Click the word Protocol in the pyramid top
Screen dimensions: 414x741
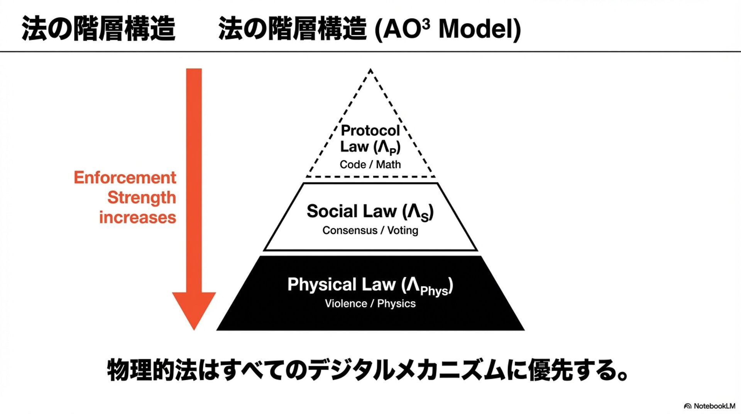click(x=370, y=131)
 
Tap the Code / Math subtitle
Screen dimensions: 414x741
click(x=370, y=165)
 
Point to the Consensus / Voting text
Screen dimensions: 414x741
click(x=370, y=231)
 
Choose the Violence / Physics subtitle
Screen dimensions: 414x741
click(x=370, y=304)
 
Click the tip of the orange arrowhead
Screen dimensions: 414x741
click(x=194, y=329)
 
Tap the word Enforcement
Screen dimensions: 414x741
click(x=125, y=178)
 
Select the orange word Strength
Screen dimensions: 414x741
click(x=141, y=198)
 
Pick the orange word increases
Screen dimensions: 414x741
click(x=137, y=217)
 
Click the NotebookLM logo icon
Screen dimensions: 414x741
click(x=687, y=406)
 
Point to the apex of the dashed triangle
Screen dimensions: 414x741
click(x=370, y=70)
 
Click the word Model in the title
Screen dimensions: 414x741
click(x=480, y=29)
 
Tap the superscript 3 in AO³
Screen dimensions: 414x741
click(x=426, y=23)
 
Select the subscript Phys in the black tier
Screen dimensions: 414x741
click(x=434, y=290)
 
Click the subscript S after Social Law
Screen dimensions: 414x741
click(x=425, y=218)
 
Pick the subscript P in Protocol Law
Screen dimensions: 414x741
click(x=393, y=151)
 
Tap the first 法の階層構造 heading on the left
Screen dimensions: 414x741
click(x=98, y=29)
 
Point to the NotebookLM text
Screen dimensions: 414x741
click(x=714, y=406)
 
